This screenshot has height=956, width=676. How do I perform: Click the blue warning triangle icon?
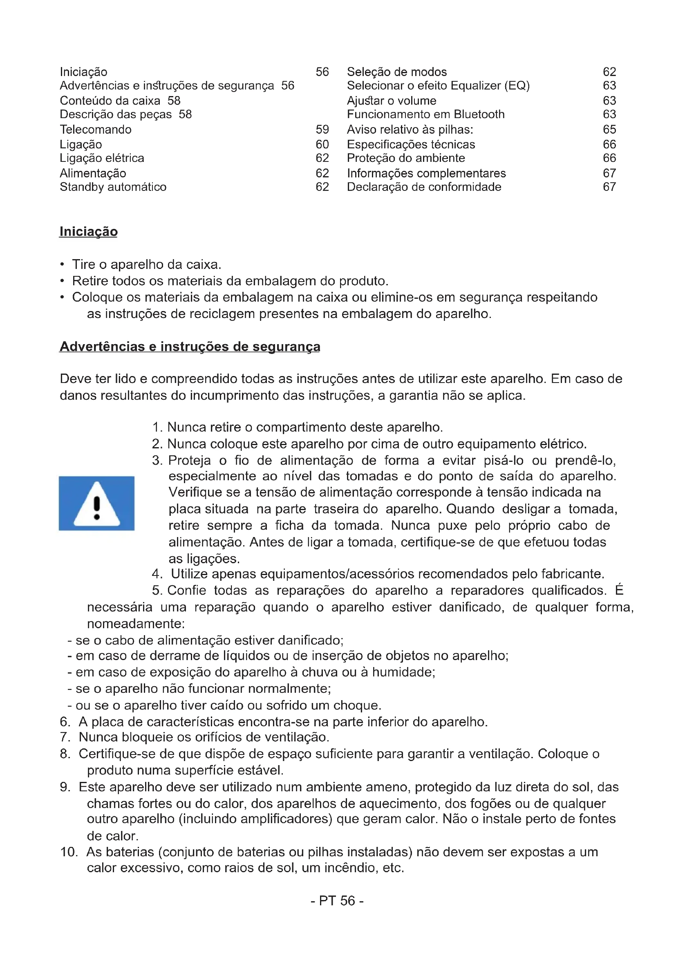click(x=96, y=503)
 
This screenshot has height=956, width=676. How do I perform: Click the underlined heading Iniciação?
click(x=89, y=231)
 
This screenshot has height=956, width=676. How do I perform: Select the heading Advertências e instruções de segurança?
click(x=190, y=347)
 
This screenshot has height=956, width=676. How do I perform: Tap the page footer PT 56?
click(x=337, y=901)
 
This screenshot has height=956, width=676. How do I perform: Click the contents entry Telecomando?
click(x=96, y=130)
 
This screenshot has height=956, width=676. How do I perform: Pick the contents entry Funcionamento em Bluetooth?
click(x=426, y=114)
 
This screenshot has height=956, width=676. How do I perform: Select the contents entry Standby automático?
click(x=113, y=187)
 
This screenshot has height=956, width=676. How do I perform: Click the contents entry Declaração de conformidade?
click(x=424, y=187)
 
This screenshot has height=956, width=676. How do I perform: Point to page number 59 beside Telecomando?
click(x=322, y=130)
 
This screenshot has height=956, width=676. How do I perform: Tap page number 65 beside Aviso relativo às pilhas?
click(x=609, y=130)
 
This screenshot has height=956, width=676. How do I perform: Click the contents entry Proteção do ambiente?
click(x=406, y=158)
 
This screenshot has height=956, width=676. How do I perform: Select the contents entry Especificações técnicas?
click(x=411, y=144)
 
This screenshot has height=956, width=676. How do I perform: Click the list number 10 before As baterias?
click(x=69, y=852)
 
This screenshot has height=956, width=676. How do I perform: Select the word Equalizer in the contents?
click(x=476, y=85)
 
